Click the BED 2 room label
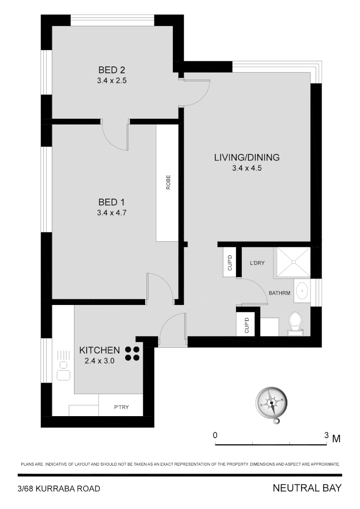click(112, 70)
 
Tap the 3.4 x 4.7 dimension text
click(112, 213)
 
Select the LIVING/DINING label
click(246, 157)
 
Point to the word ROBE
click(168, 182)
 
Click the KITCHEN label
click(99, 350)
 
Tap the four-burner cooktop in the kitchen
click(132, 353)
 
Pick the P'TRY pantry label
click(122, 408)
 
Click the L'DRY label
click(259, 264)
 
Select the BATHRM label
click(279, 293)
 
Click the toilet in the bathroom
click(295, 322)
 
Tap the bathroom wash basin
click(302, 290)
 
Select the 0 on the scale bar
click(215, 435)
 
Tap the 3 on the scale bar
click(326, 435)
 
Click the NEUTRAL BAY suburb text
click(307, 488)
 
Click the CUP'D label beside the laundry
click(230, 262)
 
